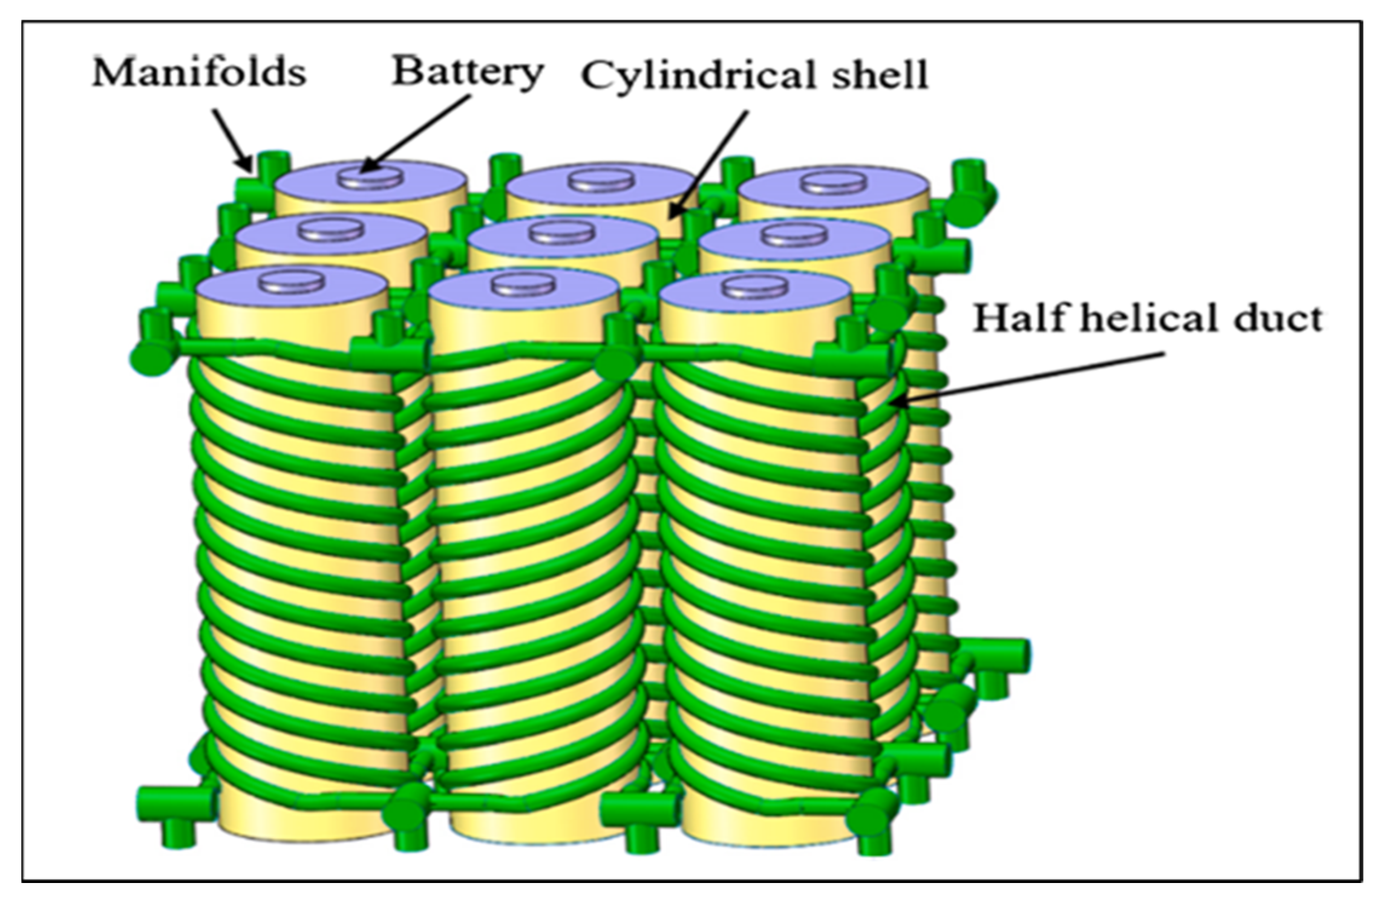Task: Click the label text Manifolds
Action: (x=198, y=73)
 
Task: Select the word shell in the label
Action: (x=874, y=75)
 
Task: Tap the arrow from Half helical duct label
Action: (x=1028, y=378)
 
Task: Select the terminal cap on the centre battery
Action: (x=563, y=231)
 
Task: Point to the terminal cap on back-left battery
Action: (x=370, y=177)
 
